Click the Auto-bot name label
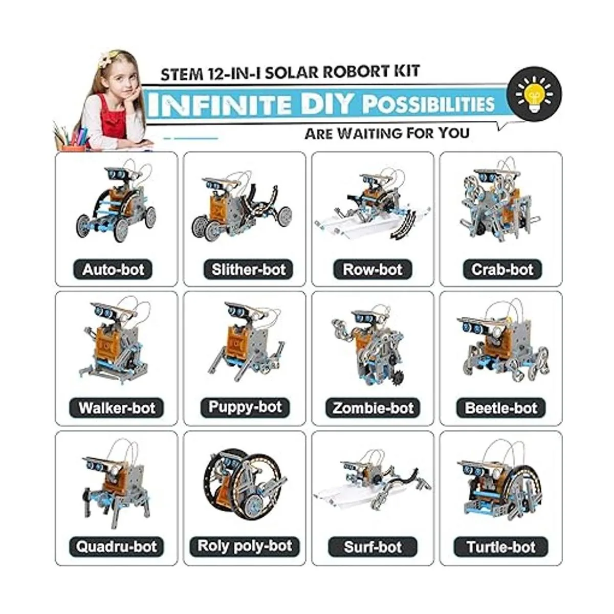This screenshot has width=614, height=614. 113,270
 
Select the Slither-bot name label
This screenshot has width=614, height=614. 248,270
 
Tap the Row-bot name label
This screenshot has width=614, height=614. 372,270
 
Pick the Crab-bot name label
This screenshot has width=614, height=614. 502,270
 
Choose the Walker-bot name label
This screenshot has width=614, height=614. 116,408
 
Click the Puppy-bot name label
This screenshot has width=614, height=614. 245,407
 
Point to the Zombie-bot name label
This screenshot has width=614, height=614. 372,408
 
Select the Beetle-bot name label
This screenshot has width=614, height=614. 501,408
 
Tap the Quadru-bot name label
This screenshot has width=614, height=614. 116,547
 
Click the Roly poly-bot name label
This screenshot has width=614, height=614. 245,546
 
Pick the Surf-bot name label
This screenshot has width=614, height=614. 372,547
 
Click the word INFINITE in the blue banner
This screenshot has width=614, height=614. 221,104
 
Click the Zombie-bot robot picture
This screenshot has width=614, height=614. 368,345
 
